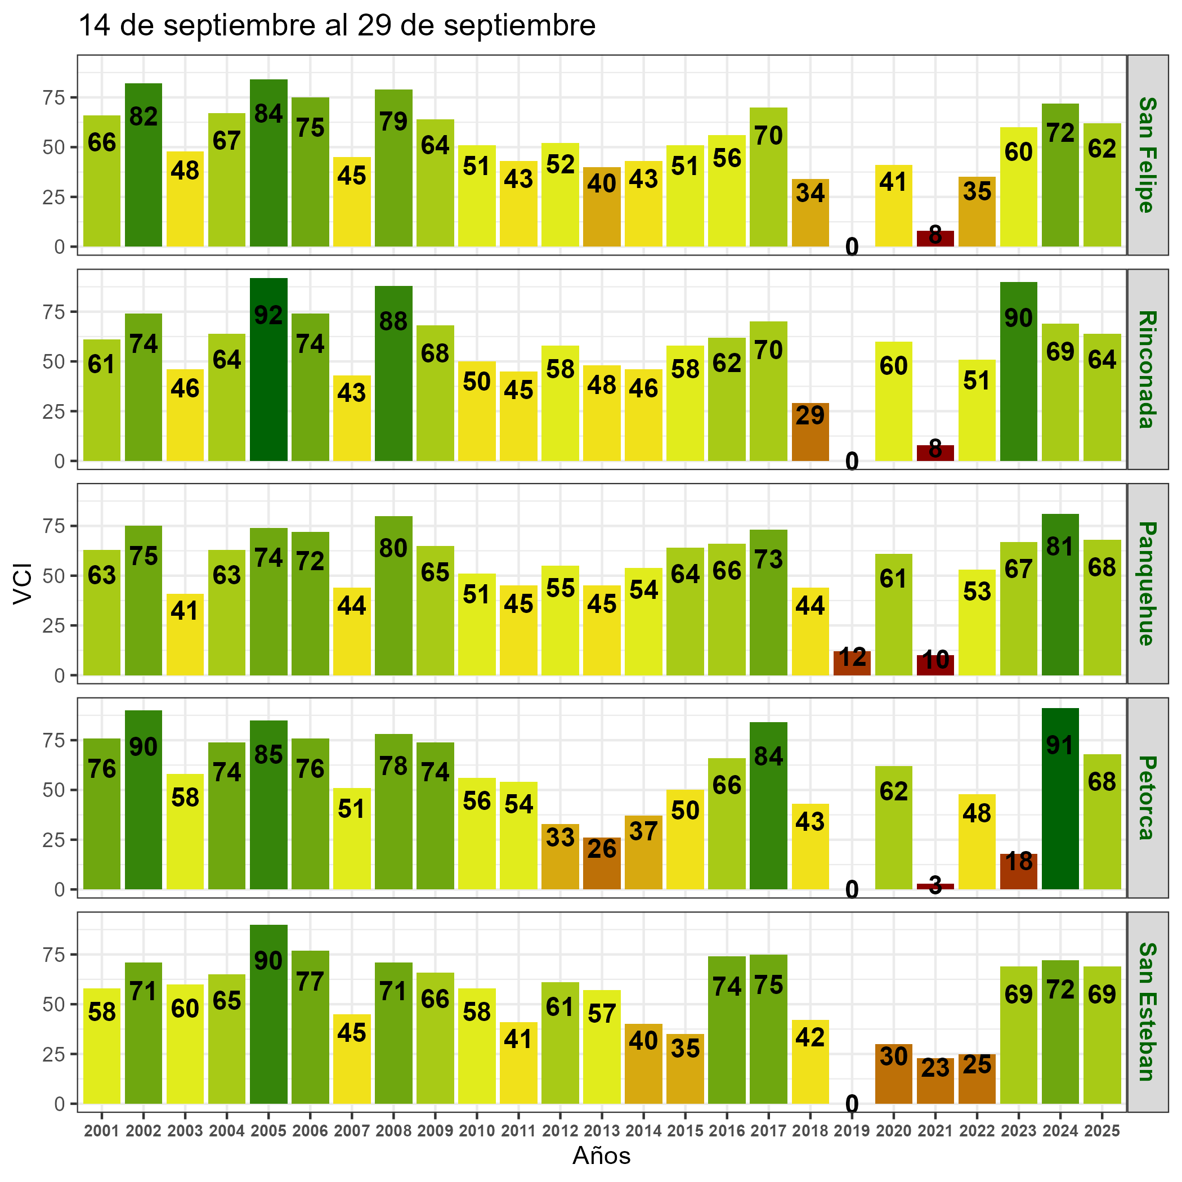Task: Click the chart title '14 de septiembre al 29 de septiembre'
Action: (x=337, y=26)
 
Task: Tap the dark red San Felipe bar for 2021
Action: (x=935, y=239)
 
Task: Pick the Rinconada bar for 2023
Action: (x=1018, y=371)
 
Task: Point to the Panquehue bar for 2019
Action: (x=852, y=662)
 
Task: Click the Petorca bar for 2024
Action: (x=1060, y=798)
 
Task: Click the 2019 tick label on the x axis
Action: (x=852, y=1131)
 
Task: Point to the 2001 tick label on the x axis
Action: (x=101, y=1131)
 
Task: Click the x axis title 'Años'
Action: (x=601, y=1155)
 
